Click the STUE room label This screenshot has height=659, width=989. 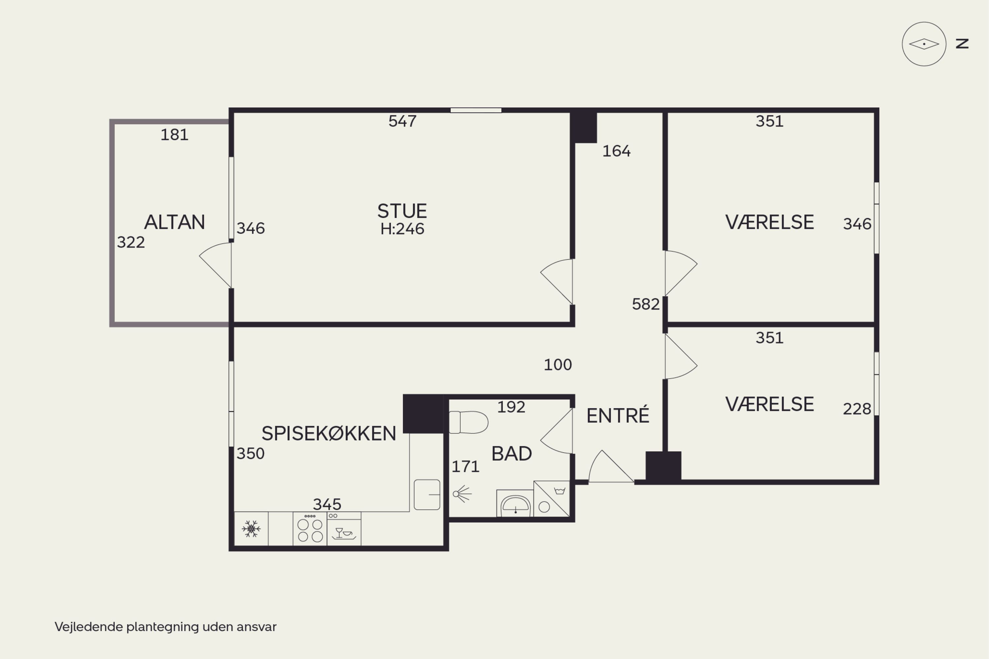pyautogui.click(x=402, y=211)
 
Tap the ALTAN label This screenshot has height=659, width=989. pyautogui.click(x=174, y=222)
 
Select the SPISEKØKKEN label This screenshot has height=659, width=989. pyautogui.click(x=329, y=433)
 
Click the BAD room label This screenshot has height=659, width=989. pyautogui.click(x=512, y=454)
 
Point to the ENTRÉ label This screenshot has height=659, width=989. pyautogui.click(x=617, y=415)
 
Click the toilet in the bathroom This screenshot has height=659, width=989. pyautogui.click(x=468, y=422)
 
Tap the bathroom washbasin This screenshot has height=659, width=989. pyautogui.click(x=515, y=503)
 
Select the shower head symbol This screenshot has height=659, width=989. pyautogui.click(x=462, y=494)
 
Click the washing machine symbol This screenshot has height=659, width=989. pyautogui.click(x=552, y=499)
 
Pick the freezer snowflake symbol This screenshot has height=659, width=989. pyautogui.click(x=251, y=529)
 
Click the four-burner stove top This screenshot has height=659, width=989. pyautogui.click(x=310, y=529)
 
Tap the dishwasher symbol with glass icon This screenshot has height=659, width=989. pyautogui.click(x=344, y=529)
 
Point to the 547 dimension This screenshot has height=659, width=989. pyautogui.click(x=402, y=121)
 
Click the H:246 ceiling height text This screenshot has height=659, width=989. pyautogui.click(x=402, y=229)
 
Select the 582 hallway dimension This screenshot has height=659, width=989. pyautogui.click(x=645, y=304)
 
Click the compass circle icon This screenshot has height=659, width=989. pyautogui.click(x=924, y=44)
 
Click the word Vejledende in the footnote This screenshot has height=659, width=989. pyautogui.click(x=88, y=627)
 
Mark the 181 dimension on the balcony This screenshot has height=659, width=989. pyautogui.click(x=174, y=135)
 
